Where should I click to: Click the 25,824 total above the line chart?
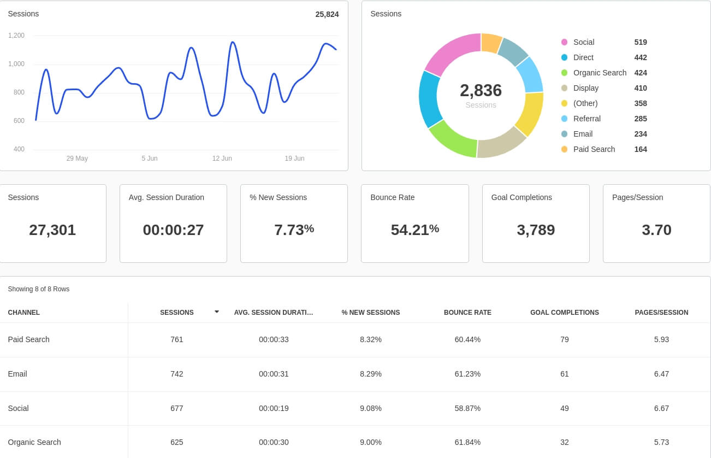pyautogui.click(x=327, y=14)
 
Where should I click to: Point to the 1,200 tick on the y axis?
pyautogui.click(x=16, y=36)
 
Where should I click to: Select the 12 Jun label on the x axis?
pyautogui.click(x=222, y=158)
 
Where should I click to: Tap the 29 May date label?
pyautogui.click(x=77, y=158)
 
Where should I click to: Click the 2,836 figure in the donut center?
pyautogui.click(x=481, y=90)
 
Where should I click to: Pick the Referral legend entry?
pyautogui.click(x=586, y=119)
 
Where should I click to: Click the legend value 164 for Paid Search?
pyautogui.click(x=641, y=149)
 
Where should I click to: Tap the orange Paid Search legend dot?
pyautogui.click(x=564, y=149)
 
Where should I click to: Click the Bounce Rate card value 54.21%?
pyautogui.click(x=414, y=230)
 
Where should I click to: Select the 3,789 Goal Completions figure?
pyautogui.click(x=536, y=230)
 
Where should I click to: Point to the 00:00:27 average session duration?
pyautogui.click(x=173, y=230)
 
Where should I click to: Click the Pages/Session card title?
pyautogui.click(x=637, y=197)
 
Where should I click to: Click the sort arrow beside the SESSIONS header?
pyautogui.click(x=217, y=312)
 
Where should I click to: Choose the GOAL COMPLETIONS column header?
pyautogui.click(x=564, y=313)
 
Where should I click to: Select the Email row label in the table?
pyautogui.click(x=17, y=374)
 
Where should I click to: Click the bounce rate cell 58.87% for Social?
pyautogui.click(x=467, y=408)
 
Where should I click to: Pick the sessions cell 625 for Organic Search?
pyautogui.click(x=176, y=442)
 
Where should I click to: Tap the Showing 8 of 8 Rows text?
pyautogui.click(x=39, y=289)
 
